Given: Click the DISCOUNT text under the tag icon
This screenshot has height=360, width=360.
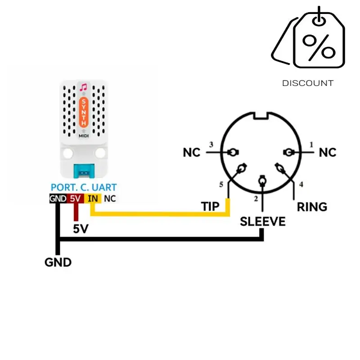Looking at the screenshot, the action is click(308, 83).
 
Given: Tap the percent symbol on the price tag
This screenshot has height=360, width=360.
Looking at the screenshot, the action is click(319, 47).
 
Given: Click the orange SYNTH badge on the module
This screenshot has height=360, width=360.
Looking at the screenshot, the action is click(84, 112).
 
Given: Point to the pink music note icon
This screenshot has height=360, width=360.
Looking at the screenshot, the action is click(83, 87).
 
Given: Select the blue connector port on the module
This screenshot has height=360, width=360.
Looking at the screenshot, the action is click(84, 171).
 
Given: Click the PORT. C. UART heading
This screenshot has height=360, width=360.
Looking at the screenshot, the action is click(84, 187).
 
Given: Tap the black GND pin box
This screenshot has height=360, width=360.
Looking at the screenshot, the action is click(58, 198).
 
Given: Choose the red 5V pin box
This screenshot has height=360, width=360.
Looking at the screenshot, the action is click(75, 198).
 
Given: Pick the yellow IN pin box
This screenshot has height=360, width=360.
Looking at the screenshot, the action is click(93, 198).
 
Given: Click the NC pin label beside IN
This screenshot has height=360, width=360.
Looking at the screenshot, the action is click(110, 198).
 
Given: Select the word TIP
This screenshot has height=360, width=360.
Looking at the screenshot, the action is click(210, 207).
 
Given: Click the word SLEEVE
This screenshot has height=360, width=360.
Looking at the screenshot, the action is click(263, 221).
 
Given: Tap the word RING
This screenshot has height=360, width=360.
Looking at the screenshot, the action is click(312, 207).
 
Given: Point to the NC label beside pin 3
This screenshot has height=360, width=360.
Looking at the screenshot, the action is click(192, 153).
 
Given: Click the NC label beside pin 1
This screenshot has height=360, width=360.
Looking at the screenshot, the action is click(328, 153).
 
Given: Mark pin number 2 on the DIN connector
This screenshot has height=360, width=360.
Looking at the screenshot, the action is click(256, 198).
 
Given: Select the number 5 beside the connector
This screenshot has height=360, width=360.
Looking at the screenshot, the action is click(221, 184).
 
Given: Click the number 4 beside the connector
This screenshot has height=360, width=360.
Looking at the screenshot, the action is click(301, 184).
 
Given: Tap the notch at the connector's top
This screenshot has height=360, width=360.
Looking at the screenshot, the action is click(261, 116).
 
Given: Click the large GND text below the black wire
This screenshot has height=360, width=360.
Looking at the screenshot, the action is click(58, 262).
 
